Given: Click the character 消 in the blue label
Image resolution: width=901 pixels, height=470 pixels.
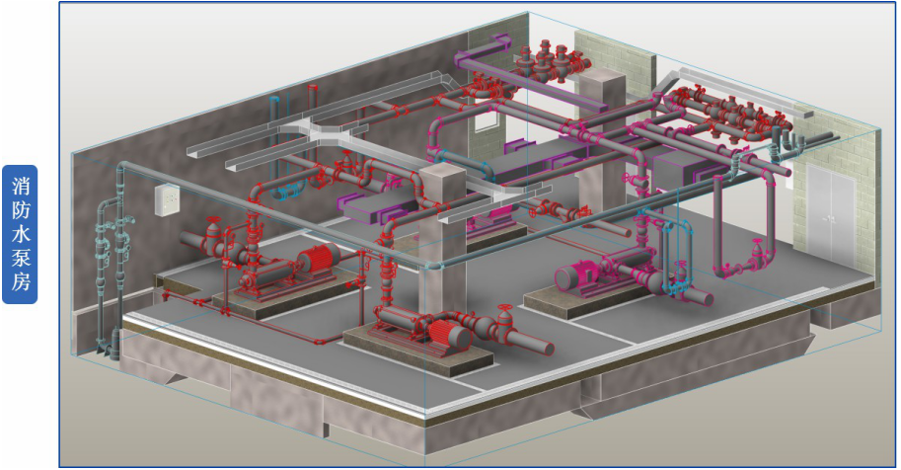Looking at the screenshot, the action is [x=20, y=186].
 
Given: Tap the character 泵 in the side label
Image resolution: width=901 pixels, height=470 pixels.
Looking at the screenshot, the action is [x=20, y=259].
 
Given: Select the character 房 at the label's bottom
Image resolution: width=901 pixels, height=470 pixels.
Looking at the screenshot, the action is [x=20, y=281].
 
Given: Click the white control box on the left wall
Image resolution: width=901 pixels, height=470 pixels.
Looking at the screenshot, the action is [x=167, y=200].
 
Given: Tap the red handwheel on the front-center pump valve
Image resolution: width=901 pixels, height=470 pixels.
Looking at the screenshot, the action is [x=504, y=308].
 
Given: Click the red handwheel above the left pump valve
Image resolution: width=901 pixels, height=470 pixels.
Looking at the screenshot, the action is [x=213, y=220].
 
